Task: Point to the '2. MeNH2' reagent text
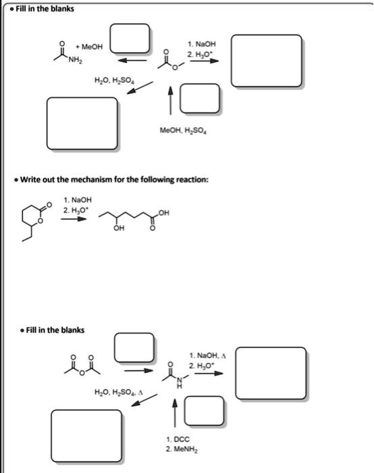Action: point(180,449)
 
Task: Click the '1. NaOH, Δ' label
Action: point(208,355)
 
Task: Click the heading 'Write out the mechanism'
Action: point(113,179)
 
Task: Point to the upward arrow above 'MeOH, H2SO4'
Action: point(171,99)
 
